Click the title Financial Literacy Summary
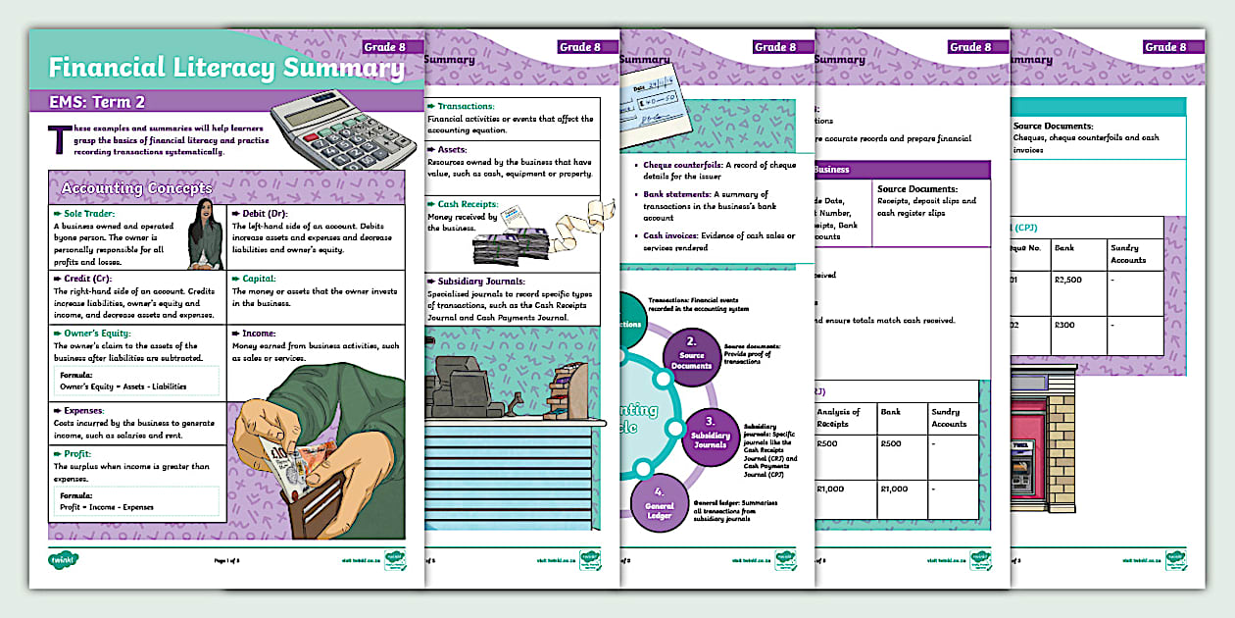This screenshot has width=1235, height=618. (225, 69)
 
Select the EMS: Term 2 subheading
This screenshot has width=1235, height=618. (98, 101)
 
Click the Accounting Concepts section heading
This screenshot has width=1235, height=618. (135, 187)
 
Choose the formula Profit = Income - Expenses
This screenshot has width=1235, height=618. (104, 507)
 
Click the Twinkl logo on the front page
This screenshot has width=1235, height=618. (64, 560)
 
